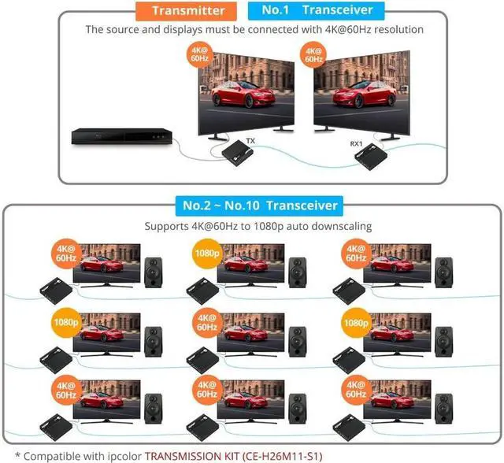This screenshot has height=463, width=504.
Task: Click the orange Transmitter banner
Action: [188, 10]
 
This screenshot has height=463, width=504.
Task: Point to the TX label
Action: [250, 141]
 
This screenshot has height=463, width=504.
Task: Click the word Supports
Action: [168, 226]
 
